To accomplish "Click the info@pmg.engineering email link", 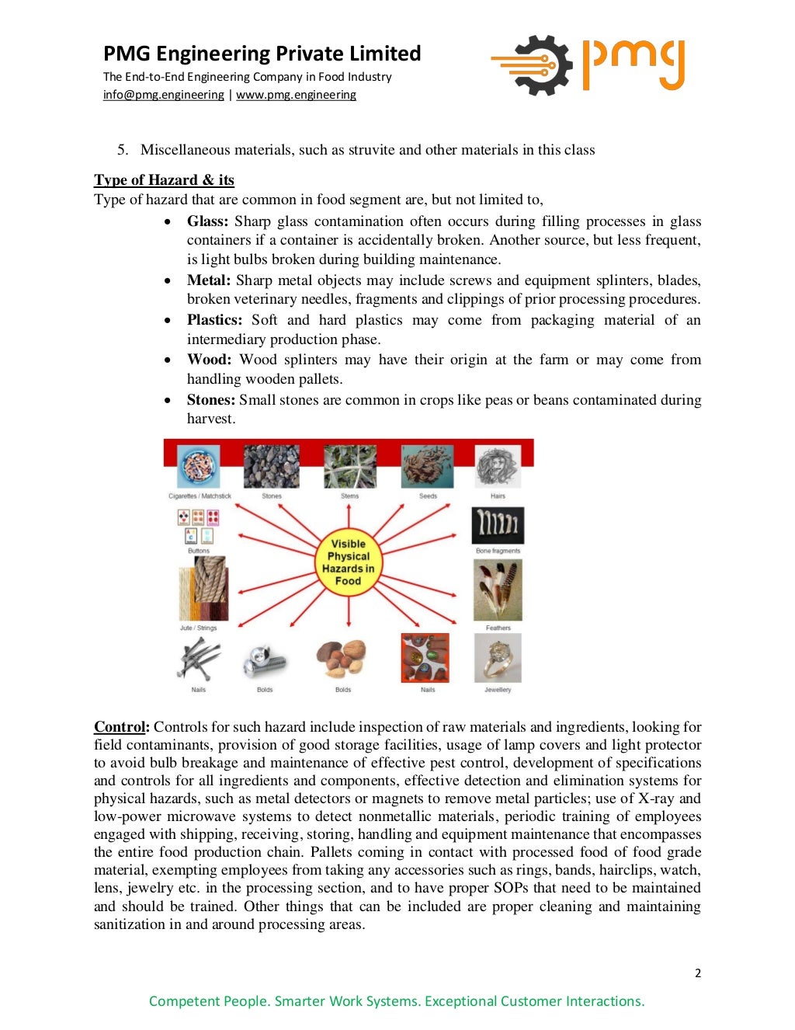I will pyautogui.click(x=163, y=95).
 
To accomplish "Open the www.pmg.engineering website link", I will pyautogui.click(x=296, y=95).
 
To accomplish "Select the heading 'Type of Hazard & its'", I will pyautogui.click(x=164, y=180).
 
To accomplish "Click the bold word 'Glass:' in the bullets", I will pyautogui.click(x=207, y=221).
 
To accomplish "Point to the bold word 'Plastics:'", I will pyautogui.click(x=214, y=320).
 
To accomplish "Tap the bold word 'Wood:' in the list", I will pyautogui.click(x=209, y=360).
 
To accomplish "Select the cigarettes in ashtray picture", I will pyautogui.click(x=199, y=467).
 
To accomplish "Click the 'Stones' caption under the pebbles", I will pyautogui.click(x=272, y=496).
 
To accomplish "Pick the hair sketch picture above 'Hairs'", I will pyautogui.click(x=498, y=467).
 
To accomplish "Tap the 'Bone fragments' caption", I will pyautogui.click(x=498, y=551).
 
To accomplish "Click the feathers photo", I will pyautogui.click(x=498, y=590).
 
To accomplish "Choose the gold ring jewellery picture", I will pyautogui.click(x=498, y=658).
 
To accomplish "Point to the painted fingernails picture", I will pyautogui.click(x=425, y=658).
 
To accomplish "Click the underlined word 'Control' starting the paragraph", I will pyautogui.click(x=120, y=727).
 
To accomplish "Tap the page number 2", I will pyautogui.click(x=698, y=973).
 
